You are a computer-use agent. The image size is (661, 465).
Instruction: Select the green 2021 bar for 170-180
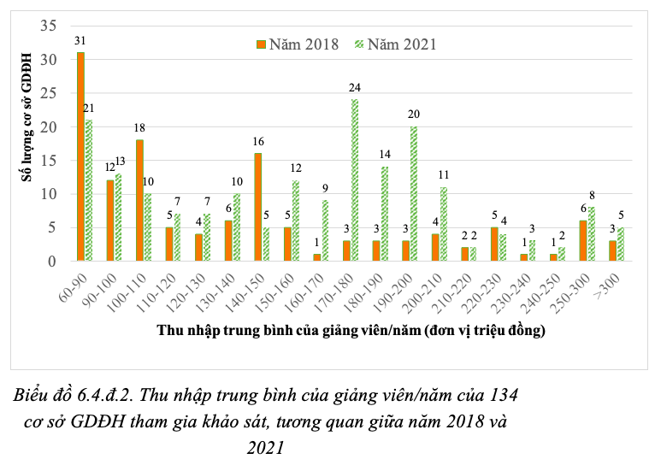(x=355, y=180)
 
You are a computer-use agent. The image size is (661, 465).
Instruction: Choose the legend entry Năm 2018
(x=297, y=44)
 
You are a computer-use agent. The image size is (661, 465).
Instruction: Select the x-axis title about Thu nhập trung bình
(x=351, y=329)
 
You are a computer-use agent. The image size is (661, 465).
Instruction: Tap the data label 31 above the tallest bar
(x=80, y=40)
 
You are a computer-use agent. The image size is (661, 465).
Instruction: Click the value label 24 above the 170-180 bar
(x=354, y=87)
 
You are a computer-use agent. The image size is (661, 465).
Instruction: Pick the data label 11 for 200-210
(x=444, y=174)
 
